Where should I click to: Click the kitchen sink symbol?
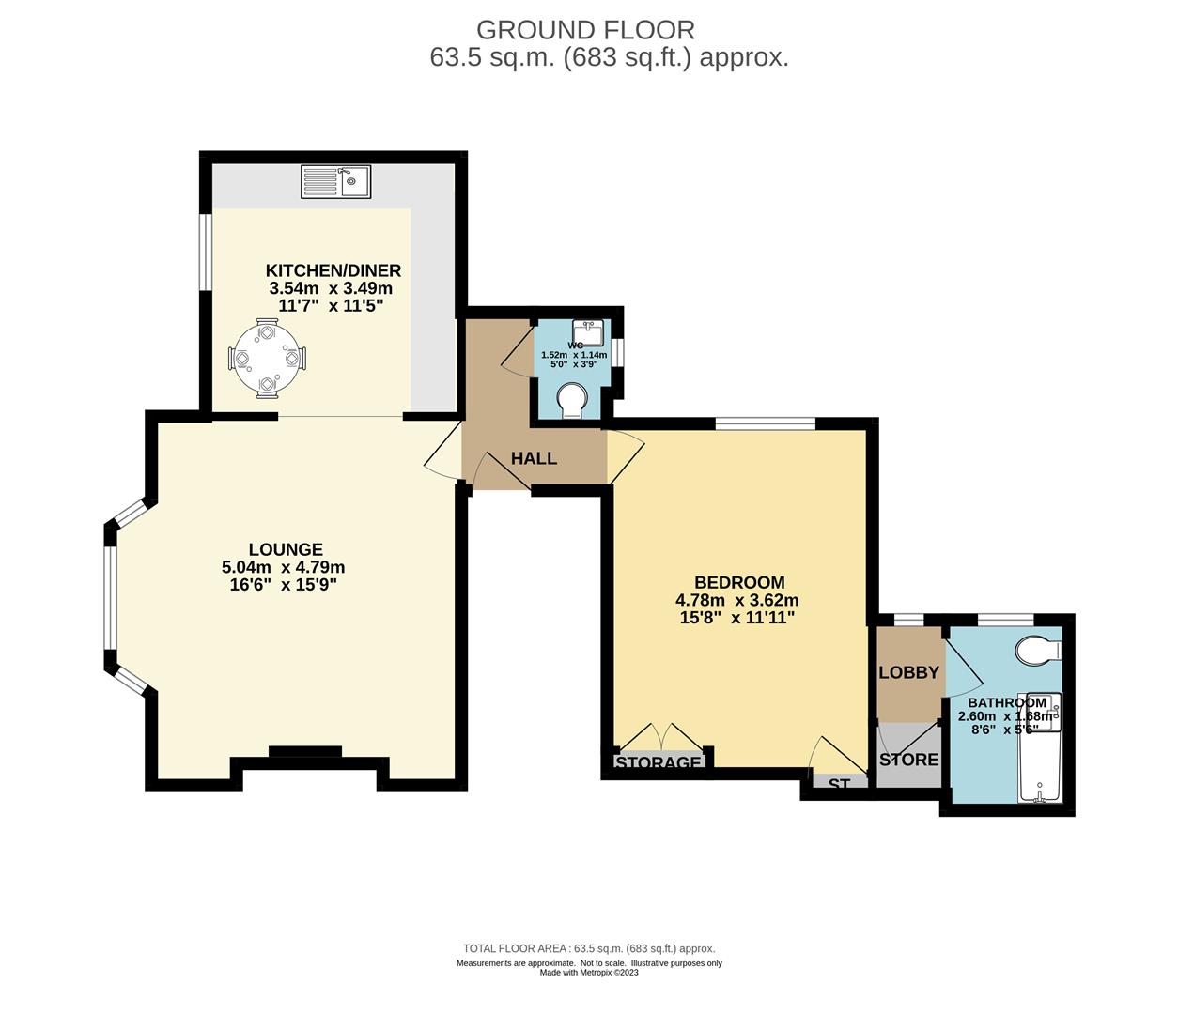click(336, 181)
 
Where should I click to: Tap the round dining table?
click(267, 358)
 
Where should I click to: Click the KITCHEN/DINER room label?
click(333, 270)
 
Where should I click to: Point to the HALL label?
click(534, 458)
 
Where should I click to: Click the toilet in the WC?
click(571, 402)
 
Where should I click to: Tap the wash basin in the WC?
click(589, 333)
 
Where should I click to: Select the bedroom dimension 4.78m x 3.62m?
click(737, 600)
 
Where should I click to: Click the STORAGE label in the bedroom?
click(659, 762)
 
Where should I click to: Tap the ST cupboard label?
click(839, 783)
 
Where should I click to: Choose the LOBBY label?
click(908, 672)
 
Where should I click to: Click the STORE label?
click(908, 759)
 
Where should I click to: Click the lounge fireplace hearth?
click(305, 751)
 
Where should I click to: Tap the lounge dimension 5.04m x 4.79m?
click(283, 567)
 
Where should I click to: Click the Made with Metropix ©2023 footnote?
click(589, 973)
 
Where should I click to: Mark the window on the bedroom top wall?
click(765, 424)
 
